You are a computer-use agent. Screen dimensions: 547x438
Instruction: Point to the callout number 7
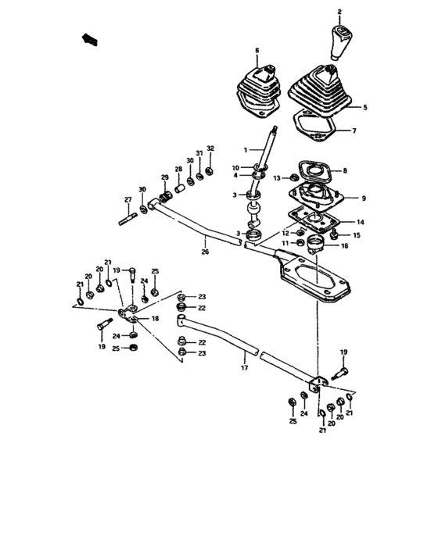(354, 130)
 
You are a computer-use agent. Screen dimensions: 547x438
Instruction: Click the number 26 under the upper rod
(206, 252)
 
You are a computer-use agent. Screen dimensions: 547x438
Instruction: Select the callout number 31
(199, 152)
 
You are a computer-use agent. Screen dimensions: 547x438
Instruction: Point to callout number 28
(178, 170)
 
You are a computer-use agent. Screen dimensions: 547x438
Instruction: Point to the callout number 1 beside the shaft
(244, 148)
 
